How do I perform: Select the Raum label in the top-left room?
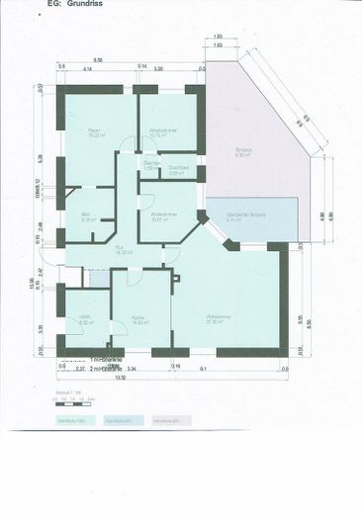95,130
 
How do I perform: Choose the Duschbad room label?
179,167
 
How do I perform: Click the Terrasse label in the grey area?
243,150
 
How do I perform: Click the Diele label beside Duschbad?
151,166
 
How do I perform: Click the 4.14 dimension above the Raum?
87,69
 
